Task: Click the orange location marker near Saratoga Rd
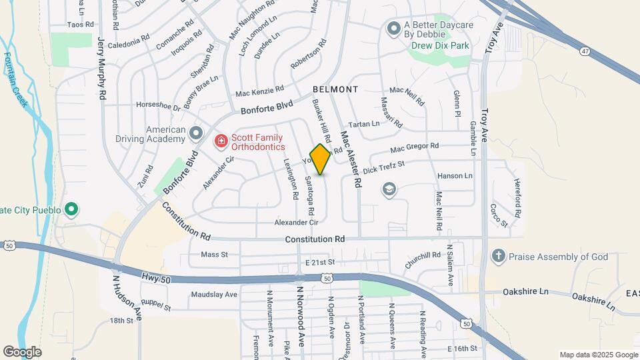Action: pos(320,159)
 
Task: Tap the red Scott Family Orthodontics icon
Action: pos(220,141)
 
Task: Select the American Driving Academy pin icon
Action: pos(195,134)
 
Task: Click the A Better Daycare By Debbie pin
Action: pos(393,28)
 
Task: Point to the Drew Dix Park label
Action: pos(440,45)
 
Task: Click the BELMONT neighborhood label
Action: pos(335,89)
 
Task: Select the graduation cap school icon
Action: pos(389,191)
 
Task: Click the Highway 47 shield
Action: pos(585,51)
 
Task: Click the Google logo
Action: pos(22,351)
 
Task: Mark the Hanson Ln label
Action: pos(455,176)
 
